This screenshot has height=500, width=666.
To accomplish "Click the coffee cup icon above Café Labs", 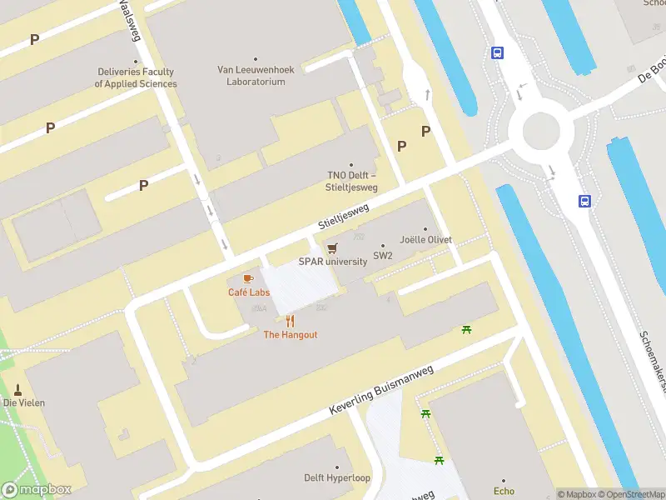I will (247, 278).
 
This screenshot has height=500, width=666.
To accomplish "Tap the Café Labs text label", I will (249, 292).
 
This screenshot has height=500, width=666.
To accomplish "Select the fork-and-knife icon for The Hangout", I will (290, 321).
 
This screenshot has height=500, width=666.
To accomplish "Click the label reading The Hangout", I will (291, 334).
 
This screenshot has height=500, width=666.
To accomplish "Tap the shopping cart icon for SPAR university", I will (333, 247).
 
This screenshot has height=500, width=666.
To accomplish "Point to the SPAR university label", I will (333, 261).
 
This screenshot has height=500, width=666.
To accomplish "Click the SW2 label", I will (383, 256).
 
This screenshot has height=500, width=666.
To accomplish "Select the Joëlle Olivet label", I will (425, 240).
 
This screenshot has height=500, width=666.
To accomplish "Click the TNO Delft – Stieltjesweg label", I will (352, 181).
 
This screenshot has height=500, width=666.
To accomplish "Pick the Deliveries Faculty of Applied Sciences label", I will (136, 78).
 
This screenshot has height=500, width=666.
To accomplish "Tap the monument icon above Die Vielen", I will (18, 389).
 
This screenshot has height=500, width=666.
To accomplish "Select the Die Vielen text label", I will (24, 402).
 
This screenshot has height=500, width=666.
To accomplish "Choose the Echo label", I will (504, 491).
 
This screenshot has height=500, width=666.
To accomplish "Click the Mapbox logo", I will (36, 490).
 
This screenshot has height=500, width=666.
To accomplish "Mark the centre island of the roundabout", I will (540, 129).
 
